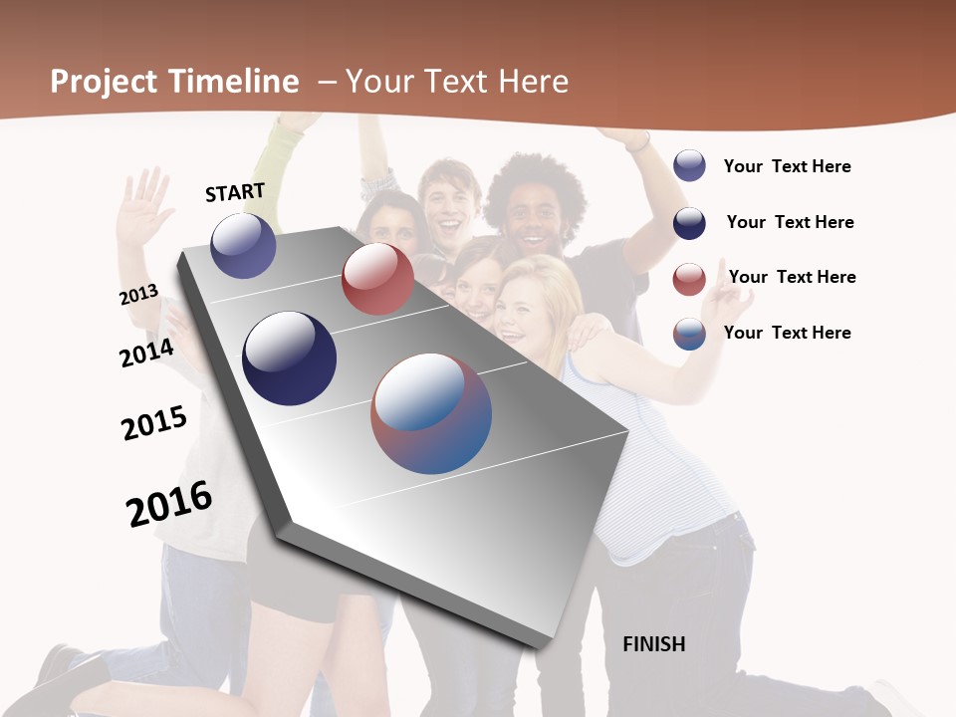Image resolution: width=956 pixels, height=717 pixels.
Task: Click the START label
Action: (x=235, y=192)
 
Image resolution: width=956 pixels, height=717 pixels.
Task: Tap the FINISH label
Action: (x=653, y=644)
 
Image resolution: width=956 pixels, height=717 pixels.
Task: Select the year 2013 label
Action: (x=138, y=295)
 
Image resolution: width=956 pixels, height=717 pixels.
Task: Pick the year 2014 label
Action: (x=146, y=353)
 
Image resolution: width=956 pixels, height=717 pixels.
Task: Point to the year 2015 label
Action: (x=154, y=423)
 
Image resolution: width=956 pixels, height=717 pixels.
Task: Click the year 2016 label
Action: (x=169, y=504)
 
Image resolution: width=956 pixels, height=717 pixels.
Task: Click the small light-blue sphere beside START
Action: (x=243, y=246)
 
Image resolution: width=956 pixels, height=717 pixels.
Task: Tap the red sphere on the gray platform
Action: (x=377, y=280)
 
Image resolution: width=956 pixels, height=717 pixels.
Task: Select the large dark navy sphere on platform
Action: (x=289, y=358)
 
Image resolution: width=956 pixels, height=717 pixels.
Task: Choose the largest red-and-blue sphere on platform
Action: (x=431, y=413)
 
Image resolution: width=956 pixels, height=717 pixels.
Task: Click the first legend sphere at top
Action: (x=689, y=166)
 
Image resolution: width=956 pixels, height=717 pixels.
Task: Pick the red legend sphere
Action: (x=689, y=279)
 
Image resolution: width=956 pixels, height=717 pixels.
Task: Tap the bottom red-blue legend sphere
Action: (x=689, y=334)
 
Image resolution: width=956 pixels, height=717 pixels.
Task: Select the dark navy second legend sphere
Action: (x=689, y=223)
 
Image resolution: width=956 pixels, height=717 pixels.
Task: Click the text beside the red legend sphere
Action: (x=792, y=277)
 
